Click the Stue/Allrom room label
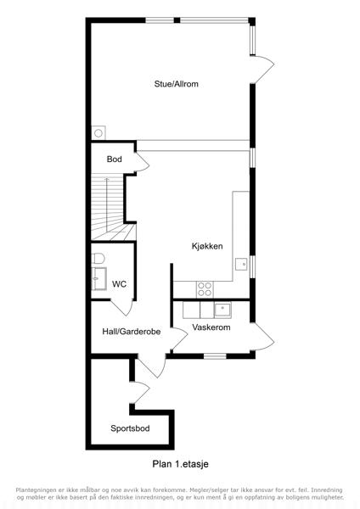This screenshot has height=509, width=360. click(x=176, y=84)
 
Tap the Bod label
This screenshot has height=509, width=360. click(x=115, y=159)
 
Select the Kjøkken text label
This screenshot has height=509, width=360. click(x=207, y=246)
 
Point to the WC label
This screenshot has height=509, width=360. click(x=119, y=284)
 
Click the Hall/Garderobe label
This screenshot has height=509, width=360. click(x=132, y=332)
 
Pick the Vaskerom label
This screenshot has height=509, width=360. click(x=211, y=327)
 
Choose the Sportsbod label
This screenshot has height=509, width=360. click(x=130, y=428)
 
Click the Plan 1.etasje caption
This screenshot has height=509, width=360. click(x=180, y=464)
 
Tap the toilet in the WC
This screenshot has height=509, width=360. click(x=98, y=259)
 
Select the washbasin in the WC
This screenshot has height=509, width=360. click(x=98, y=278)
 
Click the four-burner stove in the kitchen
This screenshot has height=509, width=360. click(x=205, y=289)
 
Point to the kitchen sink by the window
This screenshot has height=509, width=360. click(x=242, y=264)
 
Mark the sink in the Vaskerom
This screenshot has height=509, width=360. click(x=222, y=310)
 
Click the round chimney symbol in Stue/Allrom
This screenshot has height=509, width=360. click(x=98, y=133)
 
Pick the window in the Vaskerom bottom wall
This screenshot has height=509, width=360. click(x=215, y=356)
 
